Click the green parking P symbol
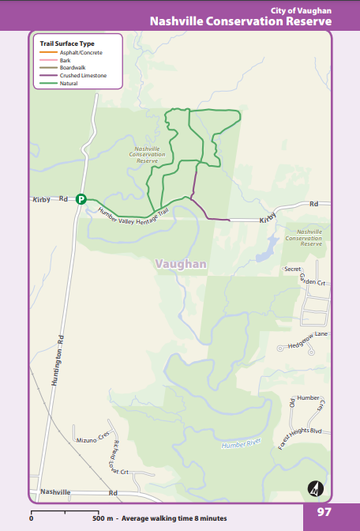81,200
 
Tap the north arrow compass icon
316,489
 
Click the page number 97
324,512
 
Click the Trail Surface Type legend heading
67,43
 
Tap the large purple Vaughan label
181,264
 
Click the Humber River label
241,446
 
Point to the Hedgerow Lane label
308,340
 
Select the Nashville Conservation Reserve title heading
240,21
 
